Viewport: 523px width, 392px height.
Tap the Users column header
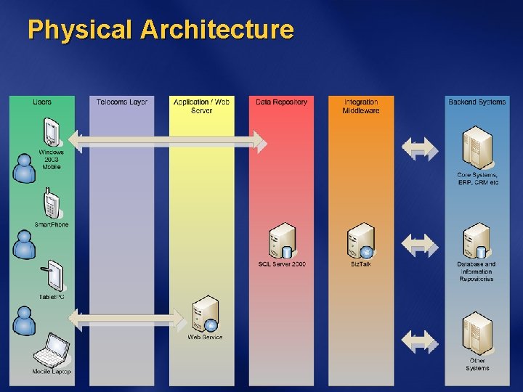click(42, 102)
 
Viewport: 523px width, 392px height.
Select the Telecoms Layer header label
click(122, 102)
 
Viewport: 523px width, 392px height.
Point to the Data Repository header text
click(282, 102)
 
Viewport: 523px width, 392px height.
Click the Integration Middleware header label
click(361, 106)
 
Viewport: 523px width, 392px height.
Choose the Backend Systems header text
click(477, 102)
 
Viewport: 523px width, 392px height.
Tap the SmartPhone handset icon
click(51, 203)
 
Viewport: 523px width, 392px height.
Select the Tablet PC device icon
click(54, 276)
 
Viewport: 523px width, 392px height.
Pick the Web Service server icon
click(206, 314)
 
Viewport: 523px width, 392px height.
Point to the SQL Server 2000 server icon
click(281, 241)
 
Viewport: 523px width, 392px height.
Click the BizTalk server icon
click(361, 241)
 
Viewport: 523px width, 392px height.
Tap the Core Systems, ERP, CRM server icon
click(477, 148)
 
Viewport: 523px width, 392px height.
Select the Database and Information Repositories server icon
click(477, 241)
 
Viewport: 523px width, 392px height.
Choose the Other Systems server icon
click(477, 333)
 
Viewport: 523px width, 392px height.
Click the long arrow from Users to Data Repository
click(167, 141)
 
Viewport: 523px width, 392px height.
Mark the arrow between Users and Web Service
click(128, 318)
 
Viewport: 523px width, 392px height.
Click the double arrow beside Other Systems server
click(421, 340)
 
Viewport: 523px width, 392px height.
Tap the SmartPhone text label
click(52, 225)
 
